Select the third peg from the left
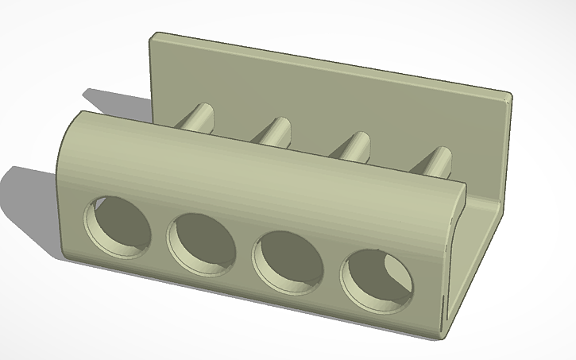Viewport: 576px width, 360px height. pos(354,146)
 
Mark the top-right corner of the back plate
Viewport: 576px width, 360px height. pos(508,96)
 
